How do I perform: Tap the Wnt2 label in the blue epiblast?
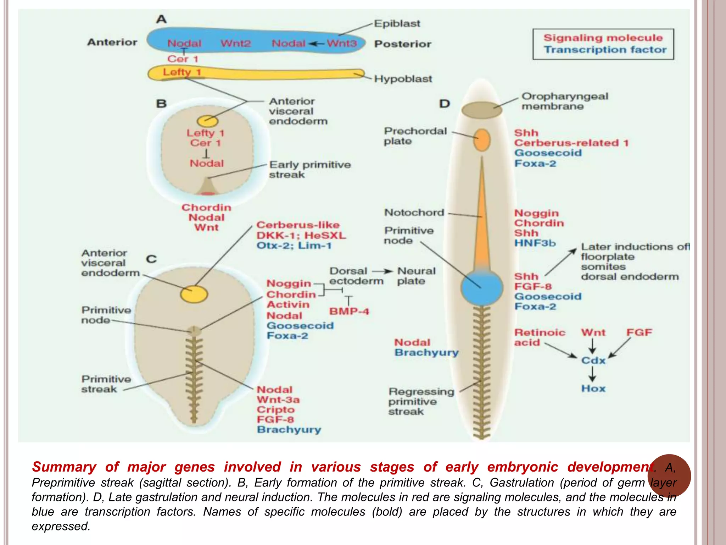[235, 43]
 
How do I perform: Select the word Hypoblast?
[403, 79]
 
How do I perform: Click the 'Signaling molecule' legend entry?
[603, 38]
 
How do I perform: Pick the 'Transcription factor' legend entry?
[605, 50]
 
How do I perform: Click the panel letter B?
[161, 104]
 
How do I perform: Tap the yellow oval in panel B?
[207, 121]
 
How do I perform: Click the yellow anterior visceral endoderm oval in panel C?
[194, 294]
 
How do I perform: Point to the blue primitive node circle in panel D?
[482, 287]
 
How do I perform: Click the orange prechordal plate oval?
[482, 140]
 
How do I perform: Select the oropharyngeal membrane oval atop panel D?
[481, 110]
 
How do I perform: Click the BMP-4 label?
[349, 311]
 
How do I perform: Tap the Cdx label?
[593, 360]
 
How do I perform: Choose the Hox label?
[593, 389]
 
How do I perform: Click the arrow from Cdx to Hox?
[592, 374]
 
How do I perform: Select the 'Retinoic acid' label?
[539, 337]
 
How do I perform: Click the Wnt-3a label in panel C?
[278, 400]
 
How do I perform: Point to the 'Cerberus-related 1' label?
[571, 143]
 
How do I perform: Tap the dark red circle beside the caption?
[669, 475]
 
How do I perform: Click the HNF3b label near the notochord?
[535, 243]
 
